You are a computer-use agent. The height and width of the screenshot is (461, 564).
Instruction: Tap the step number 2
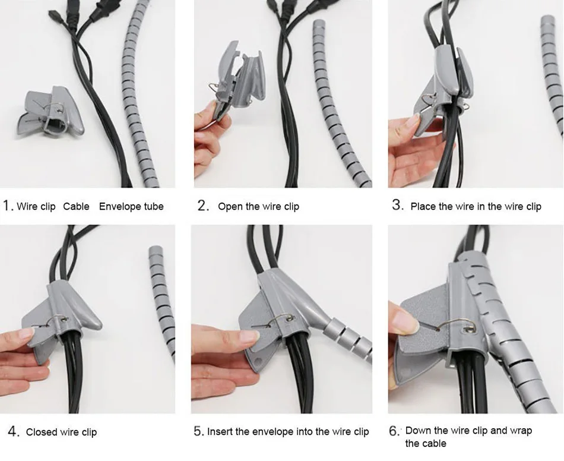(204, 206)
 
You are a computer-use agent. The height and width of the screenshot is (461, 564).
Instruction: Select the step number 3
(398, 205)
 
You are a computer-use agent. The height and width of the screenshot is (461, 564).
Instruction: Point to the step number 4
(14, 431)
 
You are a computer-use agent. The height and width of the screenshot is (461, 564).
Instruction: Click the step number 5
(199, 431)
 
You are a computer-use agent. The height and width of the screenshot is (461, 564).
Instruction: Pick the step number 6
(395, 431)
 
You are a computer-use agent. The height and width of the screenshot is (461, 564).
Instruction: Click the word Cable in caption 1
(76, 207)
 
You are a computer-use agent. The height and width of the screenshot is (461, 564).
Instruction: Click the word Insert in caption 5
(220, 431)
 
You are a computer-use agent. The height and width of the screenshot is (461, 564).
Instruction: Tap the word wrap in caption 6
(520, 431)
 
